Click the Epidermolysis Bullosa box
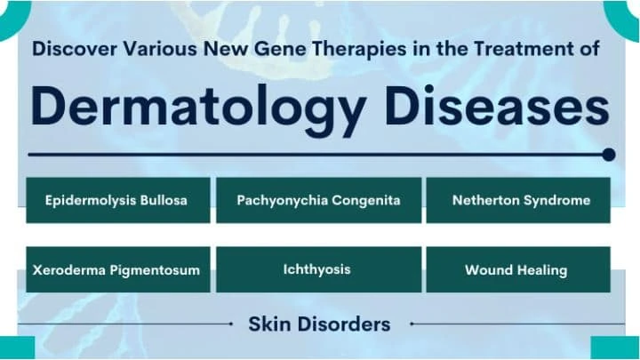[117, 200]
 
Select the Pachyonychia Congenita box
[318, 200]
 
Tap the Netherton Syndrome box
[519, 200]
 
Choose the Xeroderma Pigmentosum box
[117, 269]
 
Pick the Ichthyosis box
[318, 269]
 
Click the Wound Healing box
[519, 269]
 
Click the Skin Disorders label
[318, 324]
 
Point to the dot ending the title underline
[608, 155]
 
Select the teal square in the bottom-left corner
[16, 348]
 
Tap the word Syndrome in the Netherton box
[556, 200]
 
